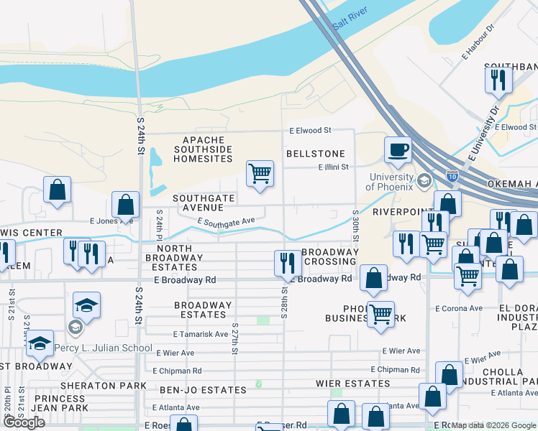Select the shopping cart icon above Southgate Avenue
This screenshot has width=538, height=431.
tap(260, 173)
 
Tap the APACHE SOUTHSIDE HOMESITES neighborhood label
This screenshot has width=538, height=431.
tap(204, 149)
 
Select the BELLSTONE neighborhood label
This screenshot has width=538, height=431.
tap(316, 154)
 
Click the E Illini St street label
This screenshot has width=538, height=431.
tap(334, 167)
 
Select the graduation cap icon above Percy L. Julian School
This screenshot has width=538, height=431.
tap(86, 305)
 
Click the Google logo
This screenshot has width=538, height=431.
tap(24, 422)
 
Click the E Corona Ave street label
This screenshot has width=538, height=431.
tap(459, 308)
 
